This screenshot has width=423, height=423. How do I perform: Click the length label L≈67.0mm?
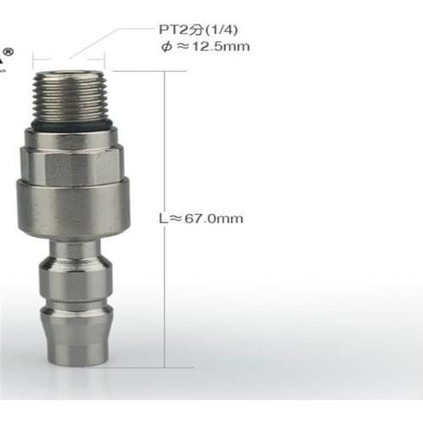tap(201, 218)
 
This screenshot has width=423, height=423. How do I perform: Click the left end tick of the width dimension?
tap(33, 59)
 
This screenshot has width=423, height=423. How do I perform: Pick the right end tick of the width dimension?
tap(105, 59)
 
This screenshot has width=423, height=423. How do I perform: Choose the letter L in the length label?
tap(162, 218)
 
